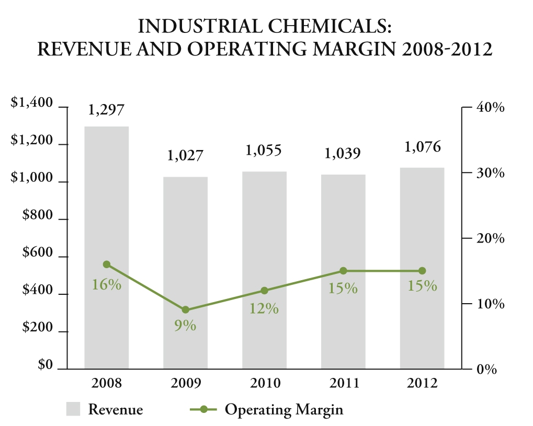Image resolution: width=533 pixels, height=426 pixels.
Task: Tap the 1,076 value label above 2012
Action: coord(423,147)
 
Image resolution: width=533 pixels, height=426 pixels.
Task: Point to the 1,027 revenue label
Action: coord(185,156)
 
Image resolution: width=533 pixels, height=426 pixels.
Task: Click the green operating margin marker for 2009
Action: coord(185,310)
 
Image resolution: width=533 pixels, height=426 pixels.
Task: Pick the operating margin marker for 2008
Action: coord(107,264)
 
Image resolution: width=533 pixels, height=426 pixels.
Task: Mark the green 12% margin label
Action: coord(264,308)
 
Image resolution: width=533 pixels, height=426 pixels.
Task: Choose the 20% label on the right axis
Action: coord(490,239)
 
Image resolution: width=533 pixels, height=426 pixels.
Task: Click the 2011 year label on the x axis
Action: coord(344,383)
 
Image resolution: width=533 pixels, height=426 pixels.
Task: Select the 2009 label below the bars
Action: coord(186,383)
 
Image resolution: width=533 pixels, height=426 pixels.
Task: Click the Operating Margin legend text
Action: coord(284,409)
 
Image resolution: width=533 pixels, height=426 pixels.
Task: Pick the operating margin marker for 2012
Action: coord(422,271)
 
